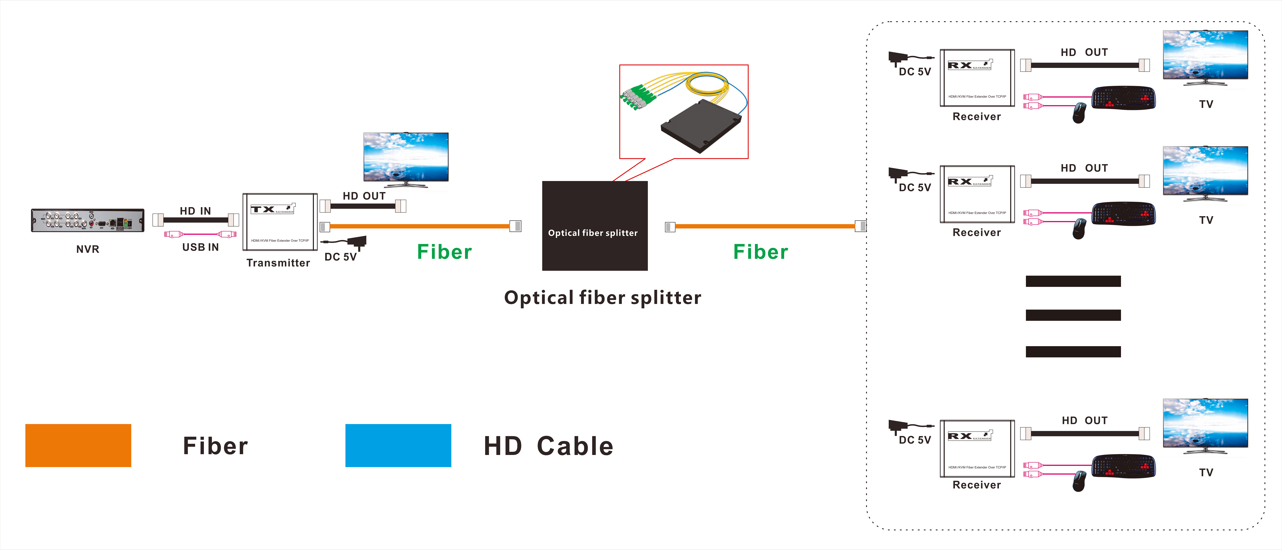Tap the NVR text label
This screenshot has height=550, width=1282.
click(x=88, y=249)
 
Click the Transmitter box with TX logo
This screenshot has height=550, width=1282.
click(x=280, y=222)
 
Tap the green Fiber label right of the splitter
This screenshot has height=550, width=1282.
click(x=761, y=252)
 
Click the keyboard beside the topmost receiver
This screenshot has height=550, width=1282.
click(x=1123, y=98)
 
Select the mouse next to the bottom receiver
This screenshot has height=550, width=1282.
click(x=1079, y=481)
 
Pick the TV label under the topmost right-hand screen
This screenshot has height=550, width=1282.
click(x=1206, y=104)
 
